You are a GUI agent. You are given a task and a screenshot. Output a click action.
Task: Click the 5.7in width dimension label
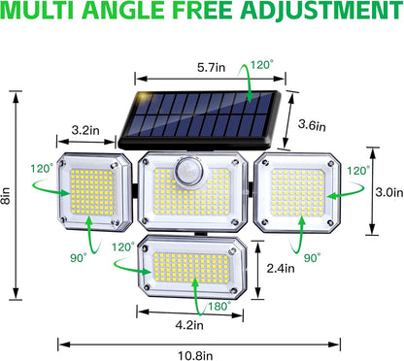point(182,69)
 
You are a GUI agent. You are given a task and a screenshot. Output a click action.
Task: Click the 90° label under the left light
point(78,257)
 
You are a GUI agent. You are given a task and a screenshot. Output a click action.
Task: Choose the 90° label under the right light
point(309,259)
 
